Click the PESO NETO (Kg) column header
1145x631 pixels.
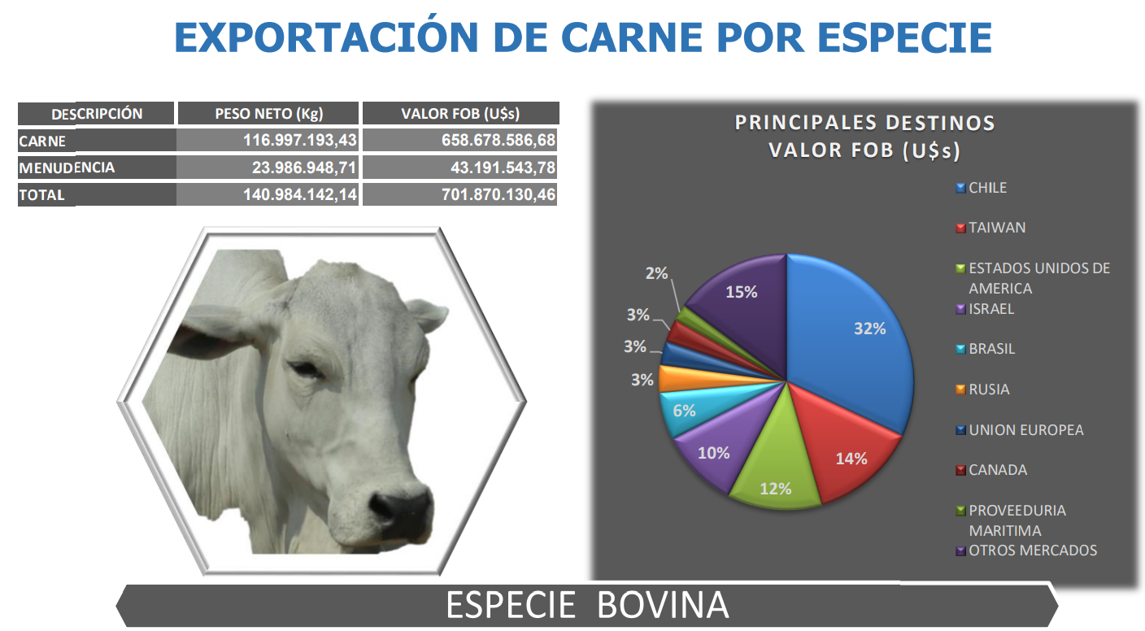(268, 113)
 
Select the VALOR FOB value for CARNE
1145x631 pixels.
(498, 140)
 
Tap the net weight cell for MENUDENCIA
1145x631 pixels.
(303, 168)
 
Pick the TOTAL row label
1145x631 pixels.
(41, 195)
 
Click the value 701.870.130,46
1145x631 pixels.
(498, 194)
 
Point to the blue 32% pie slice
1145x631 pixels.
(854, 337)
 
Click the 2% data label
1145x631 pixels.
(656, 273)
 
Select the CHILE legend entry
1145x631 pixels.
(981, 188)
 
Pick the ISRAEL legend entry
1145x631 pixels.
(985, 309)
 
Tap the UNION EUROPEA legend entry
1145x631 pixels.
(1019, 429)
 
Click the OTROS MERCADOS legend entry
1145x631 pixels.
(1026, 550)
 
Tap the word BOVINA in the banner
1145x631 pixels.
(663, 605)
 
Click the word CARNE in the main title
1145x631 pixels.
(632, 37)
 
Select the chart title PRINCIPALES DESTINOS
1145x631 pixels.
(865, 123)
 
